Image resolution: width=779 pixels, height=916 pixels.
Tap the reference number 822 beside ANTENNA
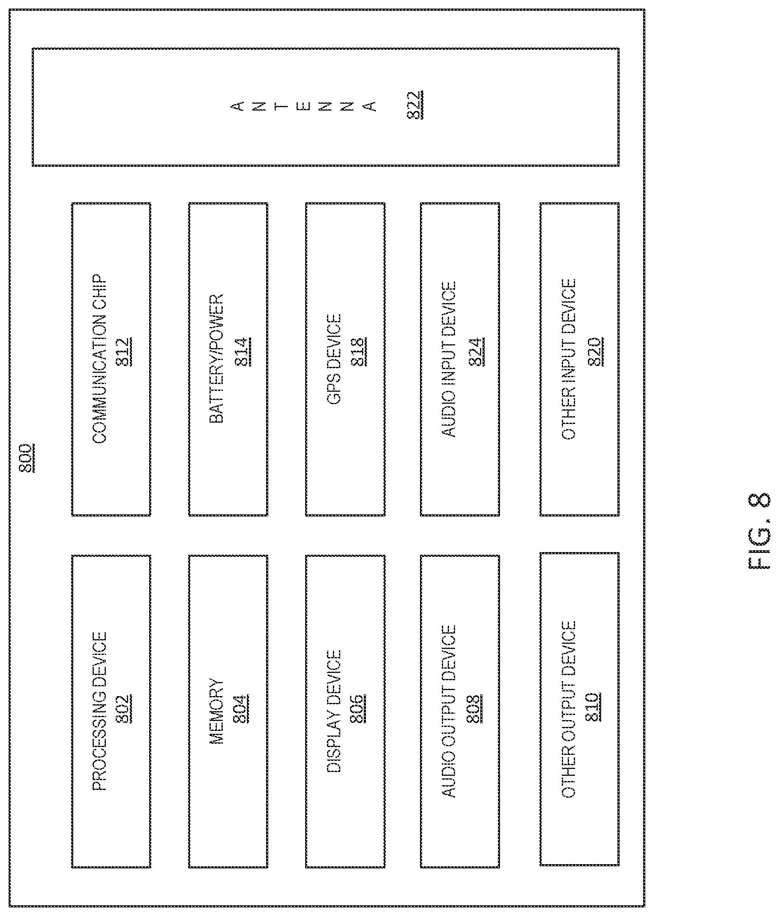coord(415,105)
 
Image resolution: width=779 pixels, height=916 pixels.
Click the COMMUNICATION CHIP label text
coord(99,359)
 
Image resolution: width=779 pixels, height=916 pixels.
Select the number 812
coord(124,352)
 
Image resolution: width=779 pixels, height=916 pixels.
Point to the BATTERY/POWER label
coord(216,359)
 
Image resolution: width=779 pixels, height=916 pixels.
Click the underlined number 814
coord(242,352)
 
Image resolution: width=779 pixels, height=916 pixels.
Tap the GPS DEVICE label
coord(334,359)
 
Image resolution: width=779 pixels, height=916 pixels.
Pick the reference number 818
coord(359,352)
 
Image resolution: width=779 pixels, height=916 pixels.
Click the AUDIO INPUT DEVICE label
coord(449,359)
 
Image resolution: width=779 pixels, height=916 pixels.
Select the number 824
coord(476,352)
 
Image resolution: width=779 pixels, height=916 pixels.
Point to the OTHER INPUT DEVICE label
coord(569,359)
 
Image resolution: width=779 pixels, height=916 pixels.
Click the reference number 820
coord(595,352)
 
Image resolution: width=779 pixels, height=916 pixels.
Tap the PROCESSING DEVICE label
coord(99,711)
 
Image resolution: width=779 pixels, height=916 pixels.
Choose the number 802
coord(124,709)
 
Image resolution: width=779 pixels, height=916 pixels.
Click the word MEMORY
coord(216,711)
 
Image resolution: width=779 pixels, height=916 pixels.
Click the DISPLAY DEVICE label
coord(334,711)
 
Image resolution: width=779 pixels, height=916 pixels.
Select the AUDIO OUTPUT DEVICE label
coord(449,711)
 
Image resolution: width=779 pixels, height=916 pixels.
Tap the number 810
coord(592,707)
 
